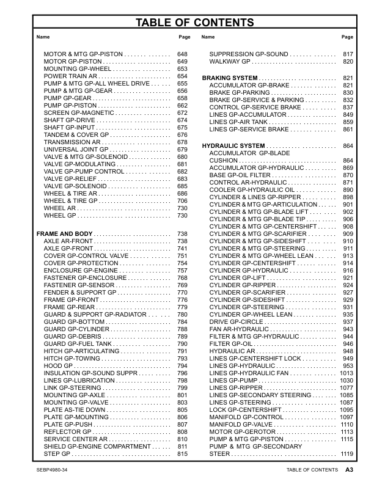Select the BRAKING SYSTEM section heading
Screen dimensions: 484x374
(229, 78)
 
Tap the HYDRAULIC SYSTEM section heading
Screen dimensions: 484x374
(233, 146)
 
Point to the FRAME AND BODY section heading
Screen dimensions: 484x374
(65, 235)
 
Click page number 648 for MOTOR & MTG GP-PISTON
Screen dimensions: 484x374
(182, 54)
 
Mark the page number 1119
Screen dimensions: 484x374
(347, 453)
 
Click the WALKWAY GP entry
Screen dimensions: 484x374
(230, 62)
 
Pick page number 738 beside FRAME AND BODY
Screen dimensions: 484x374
(182, 235)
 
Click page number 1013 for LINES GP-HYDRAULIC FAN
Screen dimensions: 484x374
(347, 373)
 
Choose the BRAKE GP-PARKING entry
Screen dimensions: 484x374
(239, 93)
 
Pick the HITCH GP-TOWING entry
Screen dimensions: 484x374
(68, 358)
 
